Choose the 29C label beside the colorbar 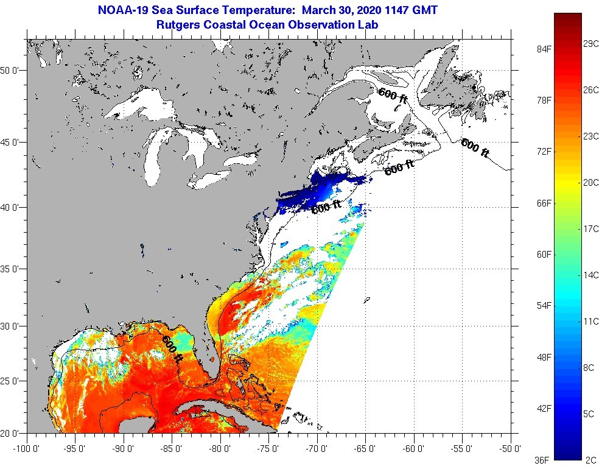pyautogui.click(x=590, y=44)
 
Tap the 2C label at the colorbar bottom pyautogui.click(x=589, y=459)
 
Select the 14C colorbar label pyautogui.click(x=590, y=275)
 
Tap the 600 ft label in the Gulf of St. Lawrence pyautogui.click(x=393, y=96)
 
